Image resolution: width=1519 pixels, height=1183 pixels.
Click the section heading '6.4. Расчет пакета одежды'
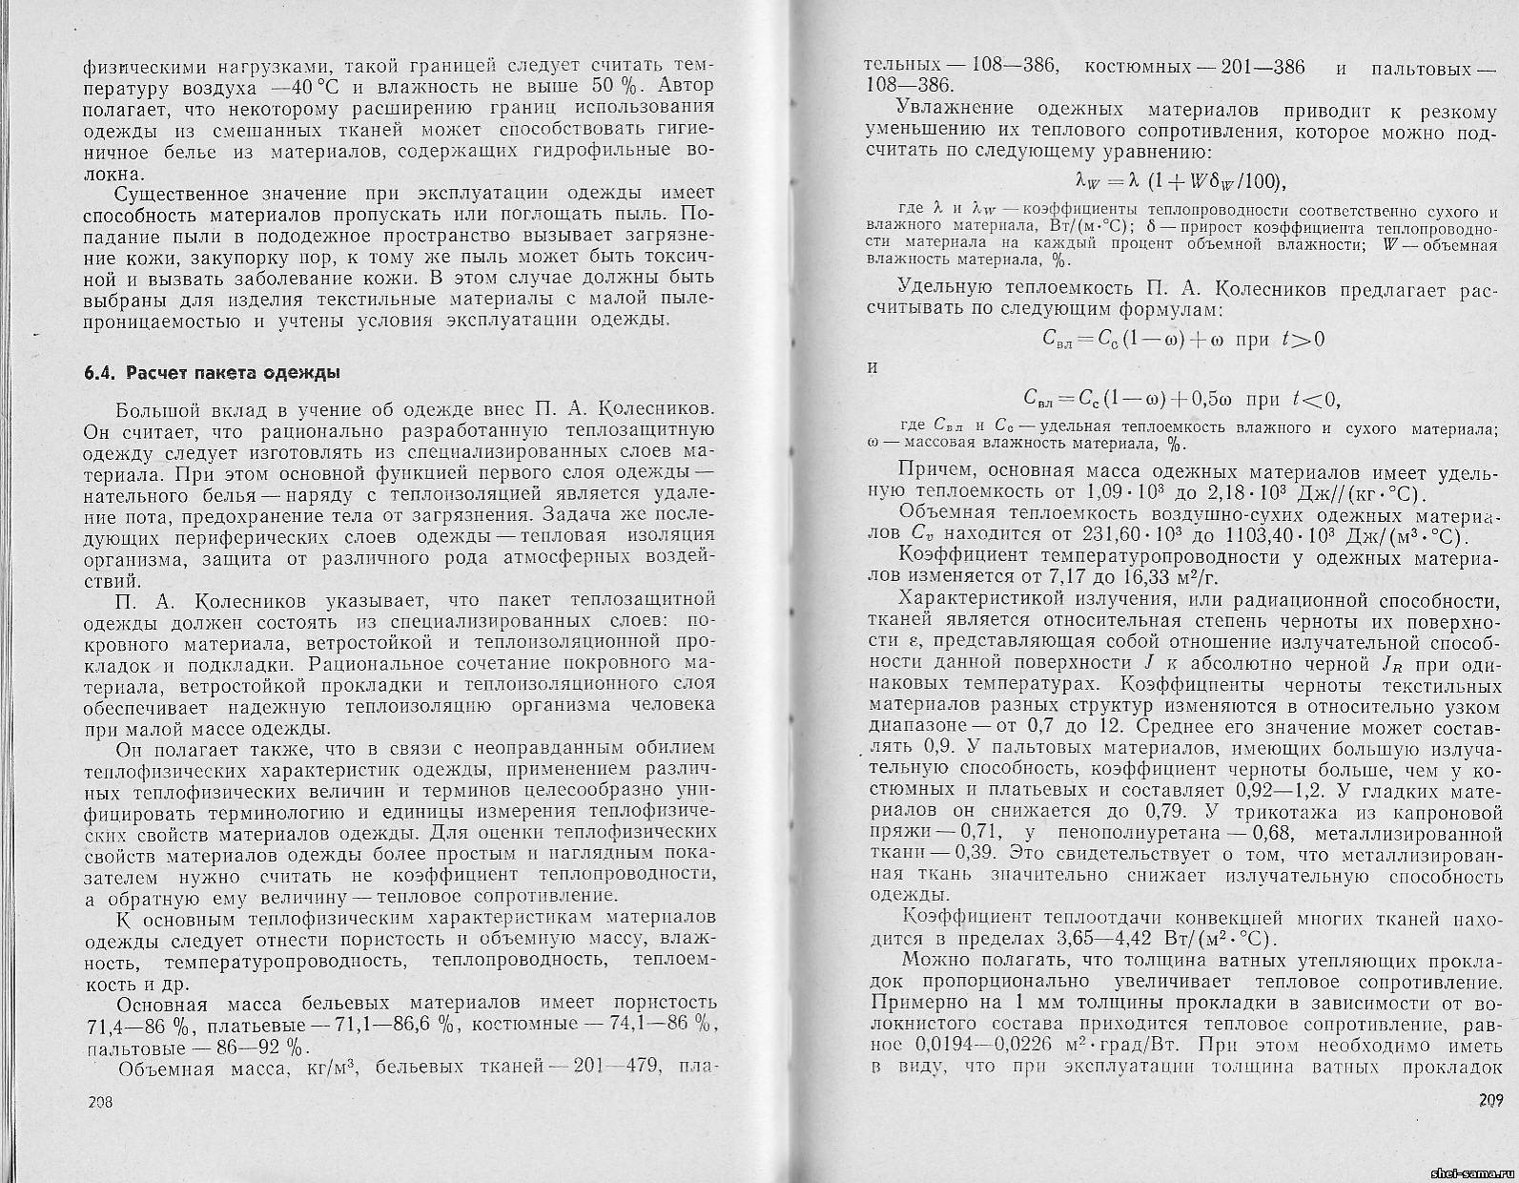click(x=211, y=372)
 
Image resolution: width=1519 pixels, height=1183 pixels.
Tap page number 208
click(x=100, y=1101)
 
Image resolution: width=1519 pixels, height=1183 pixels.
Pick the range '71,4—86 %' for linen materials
click(x=142, y=1024)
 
